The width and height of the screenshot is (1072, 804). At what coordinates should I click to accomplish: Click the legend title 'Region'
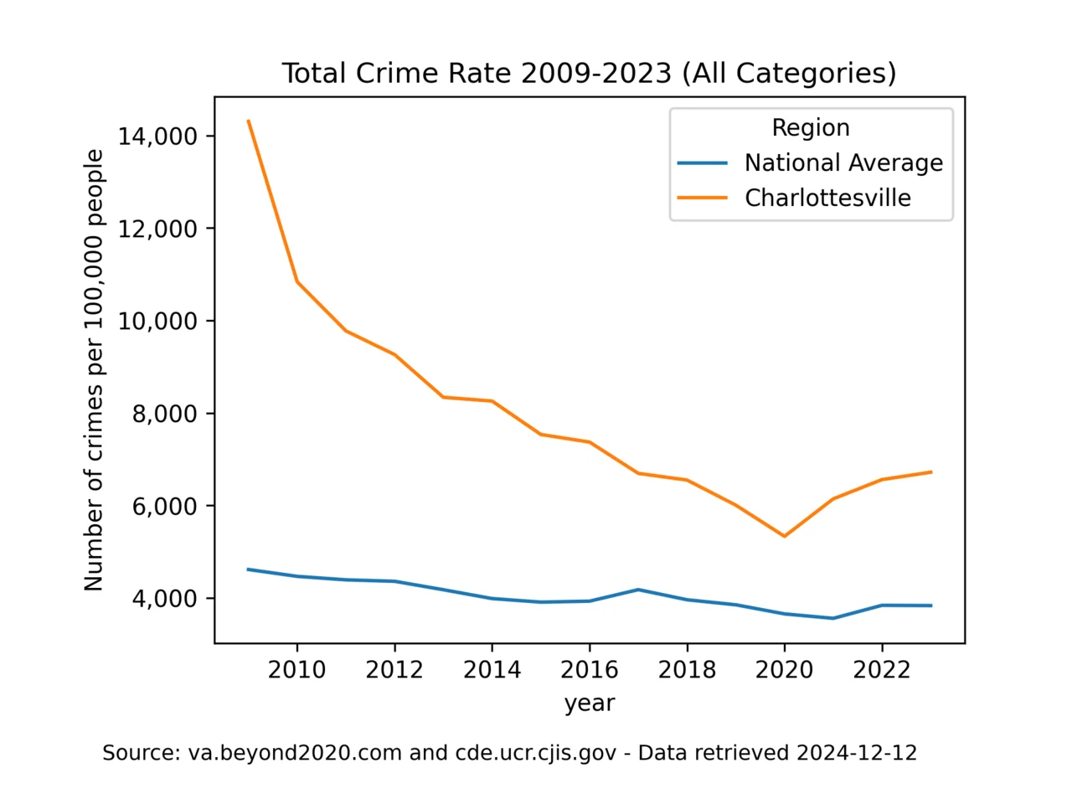point(810,127)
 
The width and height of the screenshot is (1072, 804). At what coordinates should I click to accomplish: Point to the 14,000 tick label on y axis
point(157,137)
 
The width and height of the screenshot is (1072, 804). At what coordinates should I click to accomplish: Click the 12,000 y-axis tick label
point(157,229)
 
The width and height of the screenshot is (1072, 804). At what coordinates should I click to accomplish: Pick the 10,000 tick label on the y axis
point(157,321)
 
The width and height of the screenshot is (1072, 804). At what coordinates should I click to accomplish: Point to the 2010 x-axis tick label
point(296,670)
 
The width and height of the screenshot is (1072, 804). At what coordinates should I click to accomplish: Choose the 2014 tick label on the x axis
point(492,670)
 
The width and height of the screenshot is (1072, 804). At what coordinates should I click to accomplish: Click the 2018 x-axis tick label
point(687,670)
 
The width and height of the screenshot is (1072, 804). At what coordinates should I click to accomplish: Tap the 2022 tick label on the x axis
point(882,670)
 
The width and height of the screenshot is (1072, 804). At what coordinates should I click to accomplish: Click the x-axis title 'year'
point(590,703)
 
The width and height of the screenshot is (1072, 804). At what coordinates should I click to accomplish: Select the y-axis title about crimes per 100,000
point(94,370)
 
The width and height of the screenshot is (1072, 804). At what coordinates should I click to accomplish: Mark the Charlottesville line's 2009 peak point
point(249,121)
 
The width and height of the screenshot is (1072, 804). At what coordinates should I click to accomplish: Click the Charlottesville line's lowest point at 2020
point(784,536)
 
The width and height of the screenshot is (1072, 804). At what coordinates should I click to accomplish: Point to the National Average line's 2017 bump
point(638,590)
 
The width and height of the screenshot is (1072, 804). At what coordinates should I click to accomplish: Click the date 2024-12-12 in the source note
point(856,753)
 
